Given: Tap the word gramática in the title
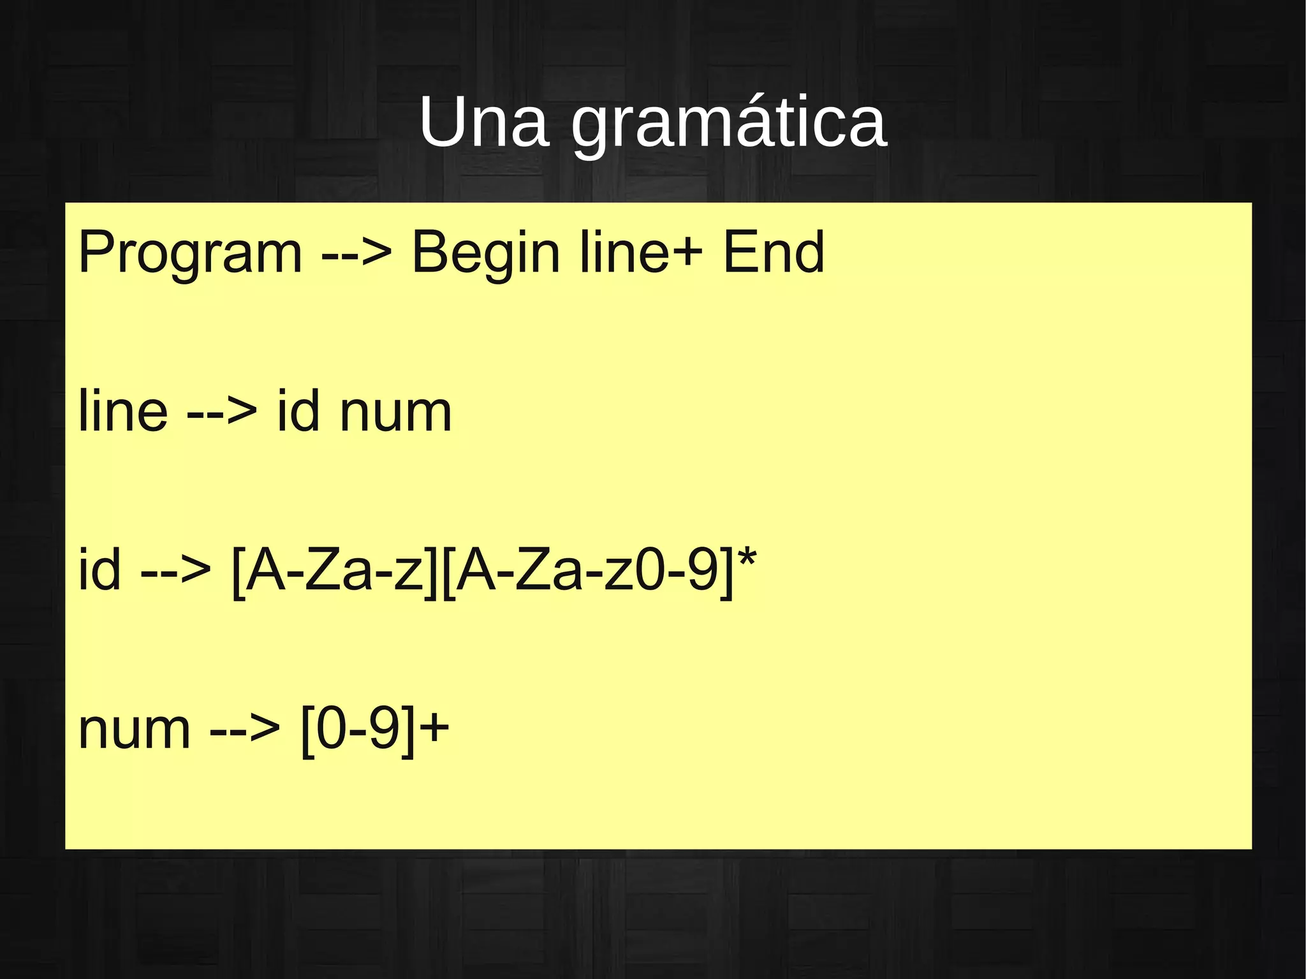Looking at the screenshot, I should point(728,124).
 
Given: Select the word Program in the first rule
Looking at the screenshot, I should point(190,254).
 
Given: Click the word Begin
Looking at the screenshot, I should point(485,254).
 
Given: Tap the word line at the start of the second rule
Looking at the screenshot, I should point(123,411).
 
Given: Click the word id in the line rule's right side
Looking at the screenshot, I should point(298,411).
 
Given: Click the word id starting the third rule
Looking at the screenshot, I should point(99,570).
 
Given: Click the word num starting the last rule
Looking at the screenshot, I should point(134,730).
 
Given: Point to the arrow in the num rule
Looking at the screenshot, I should point(245,730).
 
